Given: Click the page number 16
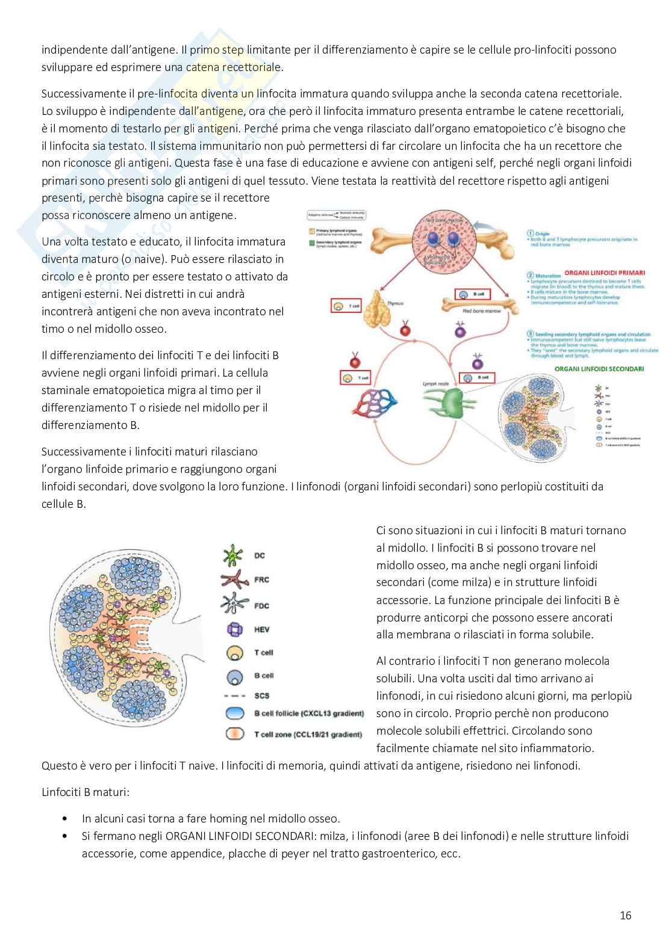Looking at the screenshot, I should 625,916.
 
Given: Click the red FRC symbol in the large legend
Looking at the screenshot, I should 230,580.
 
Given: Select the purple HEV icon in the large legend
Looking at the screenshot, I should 230,629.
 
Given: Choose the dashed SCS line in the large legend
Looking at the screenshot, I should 230,696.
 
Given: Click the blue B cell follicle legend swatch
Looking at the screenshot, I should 230,714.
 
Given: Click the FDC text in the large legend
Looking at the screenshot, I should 262,605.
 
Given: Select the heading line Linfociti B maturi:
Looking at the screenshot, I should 85,792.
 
